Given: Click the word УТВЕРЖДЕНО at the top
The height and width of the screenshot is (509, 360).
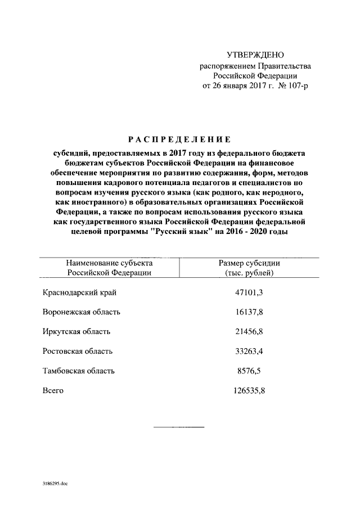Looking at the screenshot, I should (x=255, y=55).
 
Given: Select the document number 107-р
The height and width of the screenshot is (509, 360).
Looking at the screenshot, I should (x=297, y=85).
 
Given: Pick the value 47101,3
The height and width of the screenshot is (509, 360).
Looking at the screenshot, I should (x=249, y=292).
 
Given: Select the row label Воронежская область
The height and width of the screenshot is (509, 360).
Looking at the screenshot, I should (x=82, y=312).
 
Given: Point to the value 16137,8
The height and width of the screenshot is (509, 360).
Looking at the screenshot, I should (x=249, y=312).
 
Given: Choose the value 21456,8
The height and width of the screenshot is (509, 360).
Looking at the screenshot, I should (x=249, y=332).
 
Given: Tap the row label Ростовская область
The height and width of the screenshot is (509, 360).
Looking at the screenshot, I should (x=78, y=351).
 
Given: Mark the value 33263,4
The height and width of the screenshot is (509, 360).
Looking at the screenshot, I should (x=249, y=351).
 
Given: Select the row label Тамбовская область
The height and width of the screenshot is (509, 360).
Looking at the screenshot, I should (x=79, y=371).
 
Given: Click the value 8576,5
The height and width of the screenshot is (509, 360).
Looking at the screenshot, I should (x=249, y=371).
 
